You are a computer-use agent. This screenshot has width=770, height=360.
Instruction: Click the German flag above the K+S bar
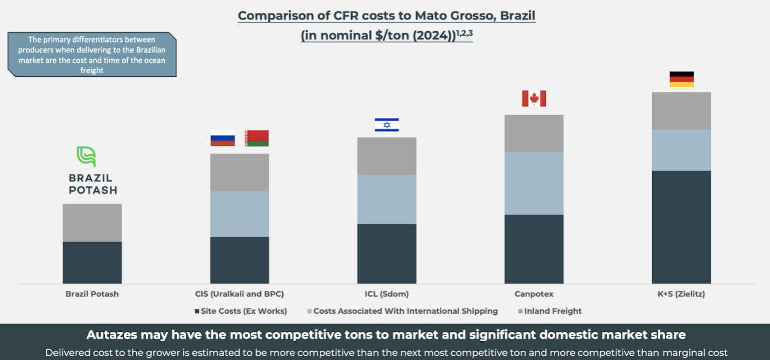681,79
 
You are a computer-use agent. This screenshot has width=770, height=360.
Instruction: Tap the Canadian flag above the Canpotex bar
534,98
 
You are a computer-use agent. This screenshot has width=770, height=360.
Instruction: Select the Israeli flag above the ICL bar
387,125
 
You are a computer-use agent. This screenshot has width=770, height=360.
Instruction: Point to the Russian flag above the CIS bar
222,138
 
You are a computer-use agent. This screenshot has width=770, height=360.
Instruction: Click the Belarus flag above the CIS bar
256,138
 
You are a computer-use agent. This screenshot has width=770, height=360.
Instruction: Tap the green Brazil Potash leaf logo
86,157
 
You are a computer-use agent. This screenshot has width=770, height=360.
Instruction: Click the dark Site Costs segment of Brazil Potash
92,262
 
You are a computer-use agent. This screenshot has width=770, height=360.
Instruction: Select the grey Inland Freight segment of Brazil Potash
92,223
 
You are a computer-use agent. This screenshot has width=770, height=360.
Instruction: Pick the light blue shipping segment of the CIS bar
239,214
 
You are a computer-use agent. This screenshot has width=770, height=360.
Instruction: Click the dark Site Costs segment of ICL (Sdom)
387,253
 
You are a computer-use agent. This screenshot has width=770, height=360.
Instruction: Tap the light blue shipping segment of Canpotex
534,183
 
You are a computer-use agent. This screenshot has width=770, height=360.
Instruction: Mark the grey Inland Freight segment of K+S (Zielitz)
681,111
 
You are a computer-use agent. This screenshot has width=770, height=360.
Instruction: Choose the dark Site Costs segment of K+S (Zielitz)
681,227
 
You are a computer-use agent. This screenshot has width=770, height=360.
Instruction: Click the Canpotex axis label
534,294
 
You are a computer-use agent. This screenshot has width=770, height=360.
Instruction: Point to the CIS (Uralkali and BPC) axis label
239,294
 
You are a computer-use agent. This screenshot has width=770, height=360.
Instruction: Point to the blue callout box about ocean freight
92,54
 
